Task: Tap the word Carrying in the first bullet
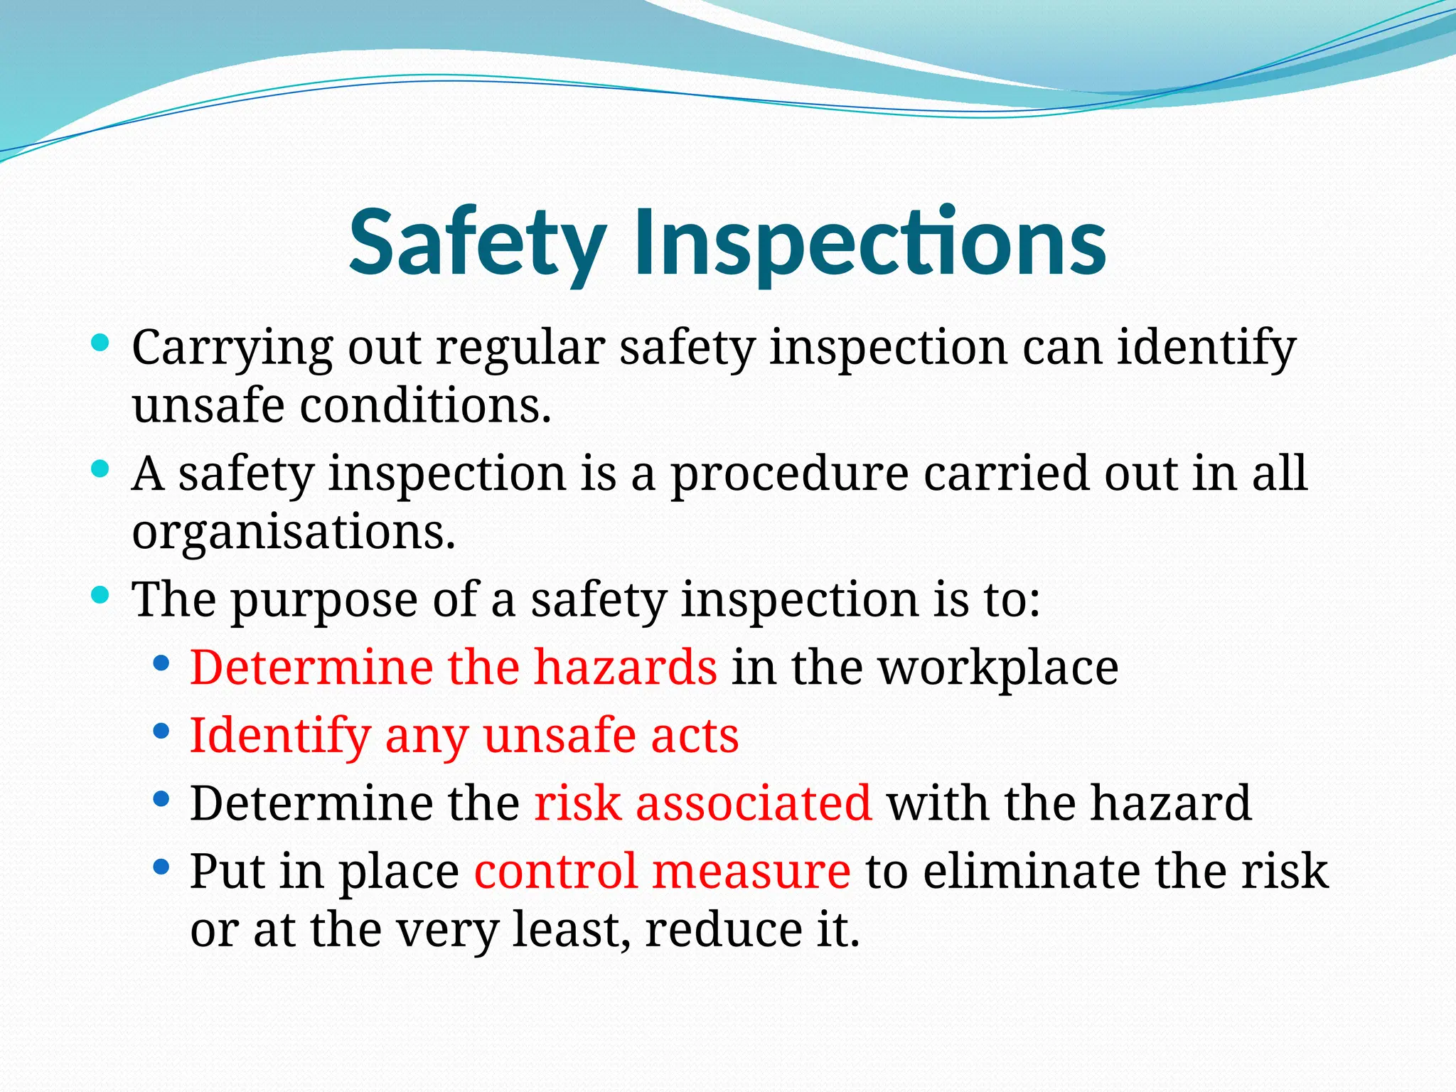click(232, 348)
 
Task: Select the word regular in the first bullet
click(520, 348)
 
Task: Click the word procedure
click(789, 473)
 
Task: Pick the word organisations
click(293, 532)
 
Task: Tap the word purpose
click(324, 600)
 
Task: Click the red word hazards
click(626, 667)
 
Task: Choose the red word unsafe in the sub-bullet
click(559, 735)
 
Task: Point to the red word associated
click(754, 803)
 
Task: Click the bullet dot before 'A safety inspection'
click(100, 469)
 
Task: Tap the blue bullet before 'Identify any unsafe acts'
click(161, 730)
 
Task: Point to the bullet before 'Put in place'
click(161, 867)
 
